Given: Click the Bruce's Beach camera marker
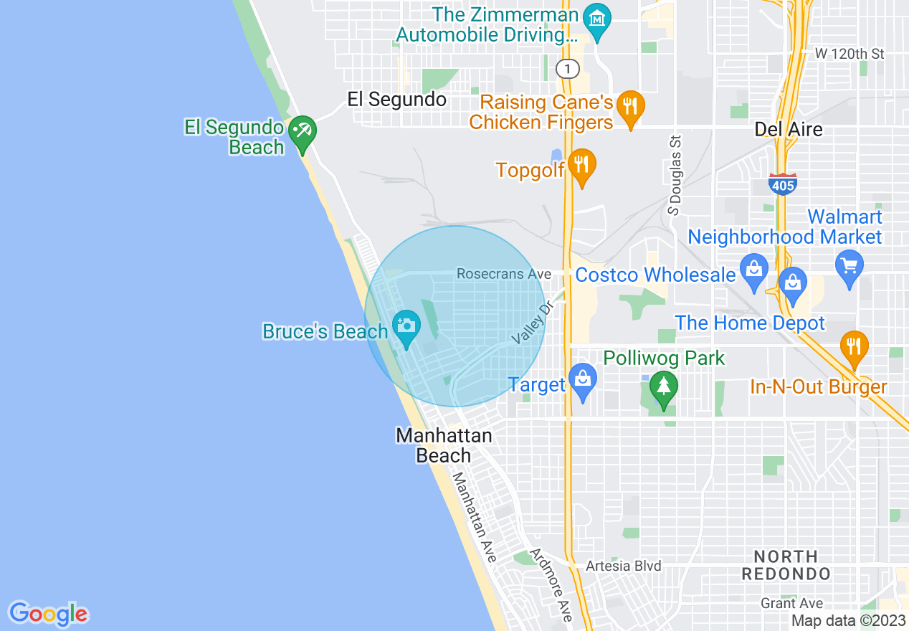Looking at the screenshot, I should (x=406, y=326).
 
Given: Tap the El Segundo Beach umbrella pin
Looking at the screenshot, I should (x=303, y=131).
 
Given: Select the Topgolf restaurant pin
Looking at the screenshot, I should (x=582, y=164).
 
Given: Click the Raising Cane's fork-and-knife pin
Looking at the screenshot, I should (x=630, y=106).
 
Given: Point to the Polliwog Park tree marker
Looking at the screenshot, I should (x=664, y=386).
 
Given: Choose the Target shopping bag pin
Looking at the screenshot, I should (x=582, y=378).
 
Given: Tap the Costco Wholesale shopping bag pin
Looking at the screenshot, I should (x=753, y=270).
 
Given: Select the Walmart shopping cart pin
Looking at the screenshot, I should (x=849, y=265).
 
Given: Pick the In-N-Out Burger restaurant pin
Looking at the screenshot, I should (x=853, y=346).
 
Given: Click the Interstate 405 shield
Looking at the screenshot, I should (x=782, y=184).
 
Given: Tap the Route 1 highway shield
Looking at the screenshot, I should (x=568, y=69).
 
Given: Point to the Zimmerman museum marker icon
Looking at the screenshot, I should (x=597, y=18).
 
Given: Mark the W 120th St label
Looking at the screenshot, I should (x=850, y=54).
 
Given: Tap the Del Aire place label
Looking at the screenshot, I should (x=789, y=129).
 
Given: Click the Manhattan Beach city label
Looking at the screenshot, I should (x=444, y=445).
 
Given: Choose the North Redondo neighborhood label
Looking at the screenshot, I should (x=786, y=565).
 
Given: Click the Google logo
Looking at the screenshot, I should (x=48, y=613).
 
